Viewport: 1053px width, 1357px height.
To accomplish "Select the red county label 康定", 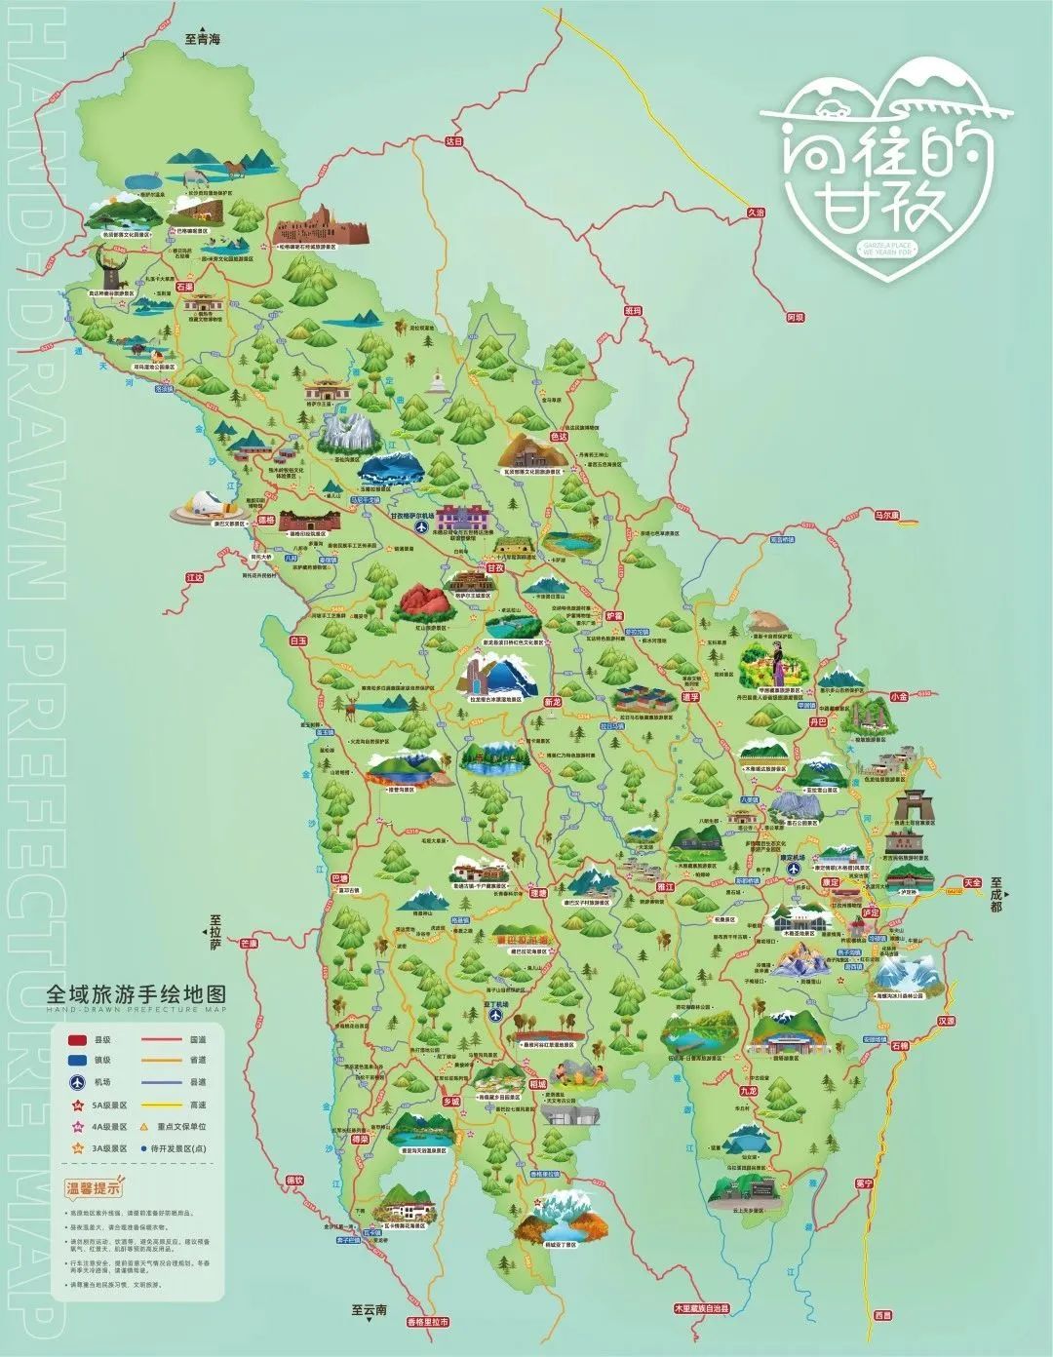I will tap(831, 881).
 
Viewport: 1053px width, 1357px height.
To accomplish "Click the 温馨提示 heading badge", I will tap(94, 1187).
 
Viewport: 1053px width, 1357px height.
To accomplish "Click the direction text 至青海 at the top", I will tap(204, 40).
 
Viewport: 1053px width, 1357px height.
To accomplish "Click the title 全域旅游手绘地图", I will tap(136, 995).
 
